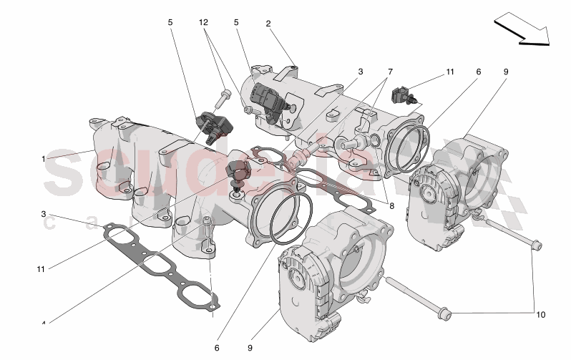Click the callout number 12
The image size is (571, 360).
click(x=204, y=23)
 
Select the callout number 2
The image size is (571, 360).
click(x=268, y=23)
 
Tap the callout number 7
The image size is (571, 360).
click(x=390, y=72)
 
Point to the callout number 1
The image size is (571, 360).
click(x=43, y=158)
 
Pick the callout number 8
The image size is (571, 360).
click(x=391, y=205)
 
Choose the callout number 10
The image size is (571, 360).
click(x=540, y=313)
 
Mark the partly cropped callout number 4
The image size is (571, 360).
click(x=43, y=324)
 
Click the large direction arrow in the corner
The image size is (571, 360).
click(x=522, y=31)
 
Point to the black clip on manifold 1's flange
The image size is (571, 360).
click(x=236, y=174)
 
